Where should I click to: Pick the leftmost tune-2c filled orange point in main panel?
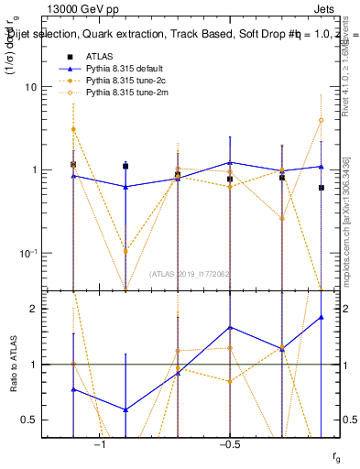point(73,129)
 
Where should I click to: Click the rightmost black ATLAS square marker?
point(321,188)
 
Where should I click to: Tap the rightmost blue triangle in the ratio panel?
point(321,317)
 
